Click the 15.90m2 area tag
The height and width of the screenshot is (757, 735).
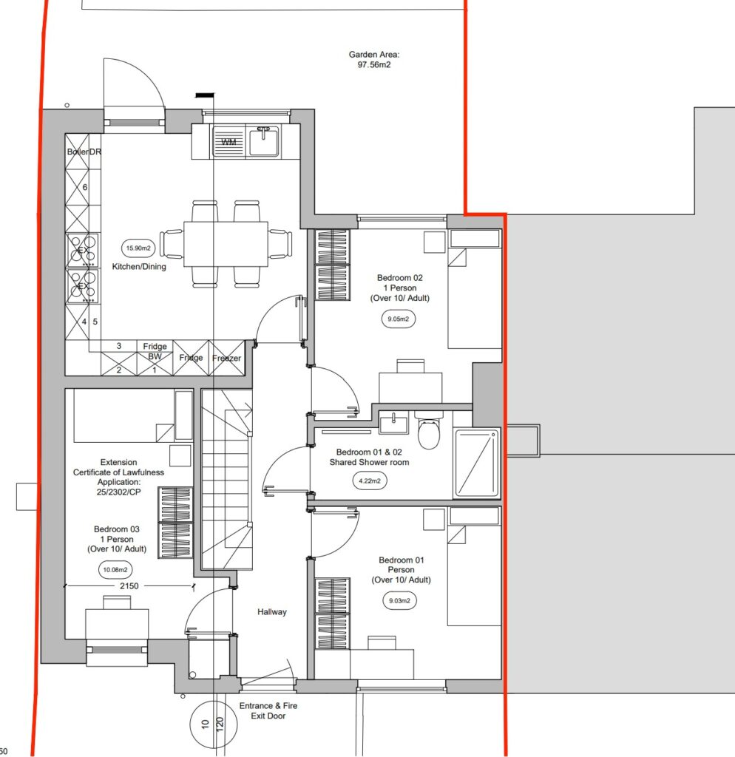click(138, 248)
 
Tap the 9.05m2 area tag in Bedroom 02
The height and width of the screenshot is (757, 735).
click(399, 319)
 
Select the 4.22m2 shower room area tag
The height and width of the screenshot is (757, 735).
click(370, 481)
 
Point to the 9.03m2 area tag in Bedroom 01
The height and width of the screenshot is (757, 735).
click(399, 600)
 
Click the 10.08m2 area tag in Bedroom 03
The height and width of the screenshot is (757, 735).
click(115, 570)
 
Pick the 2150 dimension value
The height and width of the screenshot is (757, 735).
click(129, 586)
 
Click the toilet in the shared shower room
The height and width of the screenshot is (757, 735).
click(429, 430)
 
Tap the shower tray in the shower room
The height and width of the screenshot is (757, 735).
click(477, 463)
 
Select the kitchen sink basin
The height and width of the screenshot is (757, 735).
click(264, 140)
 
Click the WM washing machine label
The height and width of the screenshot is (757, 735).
click(229, 142)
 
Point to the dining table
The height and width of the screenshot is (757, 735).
click(226, 244)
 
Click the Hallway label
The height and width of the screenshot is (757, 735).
click(272, 611)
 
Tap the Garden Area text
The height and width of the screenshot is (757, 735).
click(374, 59)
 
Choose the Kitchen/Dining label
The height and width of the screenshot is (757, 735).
click(139, 266)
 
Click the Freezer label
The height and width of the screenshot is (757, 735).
click(226, 358)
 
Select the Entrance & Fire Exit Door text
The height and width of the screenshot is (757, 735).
click(268, 710)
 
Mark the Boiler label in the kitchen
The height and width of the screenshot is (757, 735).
click(77, 152)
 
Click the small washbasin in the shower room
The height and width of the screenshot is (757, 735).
click(393, 424)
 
